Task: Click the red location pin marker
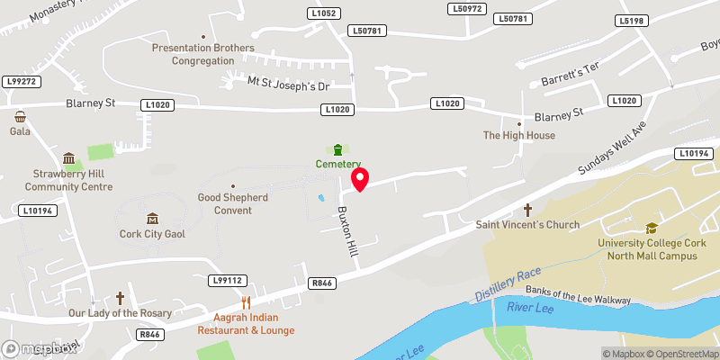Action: tap(360, 179)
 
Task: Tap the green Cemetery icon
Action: tap(337, 149)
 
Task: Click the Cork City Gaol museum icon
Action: tap(151, 219)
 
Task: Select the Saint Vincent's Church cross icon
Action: tap(527, 210)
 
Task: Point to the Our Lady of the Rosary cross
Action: tap(120, 298)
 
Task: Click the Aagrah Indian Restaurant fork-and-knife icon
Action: tap(246, 302)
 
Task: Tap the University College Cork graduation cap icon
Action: tap(651, 229)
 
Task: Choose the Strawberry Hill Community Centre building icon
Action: tap(68, 158)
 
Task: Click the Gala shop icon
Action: tap(20, 116)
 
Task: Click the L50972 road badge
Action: tap(466, 9)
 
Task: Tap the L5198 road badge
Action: tap(632, 20)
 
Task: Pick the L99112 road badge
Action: tap(226, 281)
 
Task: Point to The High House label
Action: tap(519, 135)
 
